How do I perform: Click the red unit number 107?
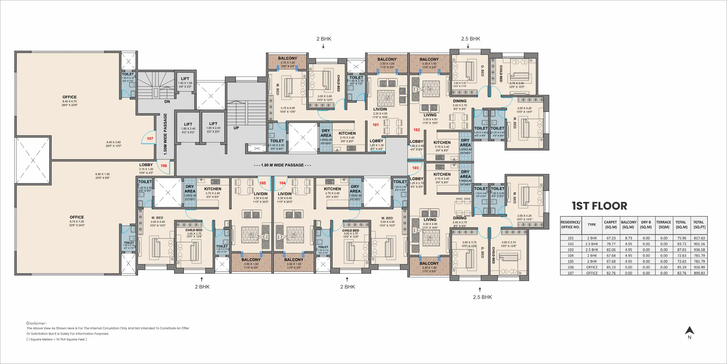pos(150,138)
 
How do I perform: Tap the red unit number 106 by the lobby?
pos(164,166)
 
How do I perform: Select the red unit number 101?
pos(376,125)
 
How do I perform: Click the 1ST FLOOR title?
pos(599,206)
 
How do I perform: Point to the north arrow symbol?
pos(689,331)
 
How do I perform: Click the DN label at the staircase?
pos(167,101)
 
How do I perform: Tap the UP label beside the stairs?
pos(236,128)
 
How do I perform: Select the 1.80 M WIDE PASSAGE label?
pos(282,165)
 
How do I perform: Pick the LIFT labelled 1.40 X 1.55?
pos(185,79)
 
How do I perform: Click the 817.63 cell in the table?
pos(699,238)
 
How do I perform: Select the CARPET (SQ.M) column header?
pos(610,225)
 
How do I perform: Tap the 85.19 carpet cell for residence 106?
pos(611,267)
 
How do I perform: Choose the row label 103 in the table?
pos(571,250)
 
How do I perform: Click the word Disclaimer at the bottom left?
pos(36,323)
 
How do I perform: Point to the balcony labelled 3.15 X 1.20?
pos(287,58)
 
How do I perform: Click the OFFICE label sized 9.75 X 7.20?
pos(77,217)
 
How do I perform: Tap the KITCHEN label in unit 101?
pos(347,133)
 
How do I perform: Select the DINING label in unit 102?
pos(460,101)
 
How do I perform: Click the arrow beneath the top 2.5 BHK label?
pos(468,46)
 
